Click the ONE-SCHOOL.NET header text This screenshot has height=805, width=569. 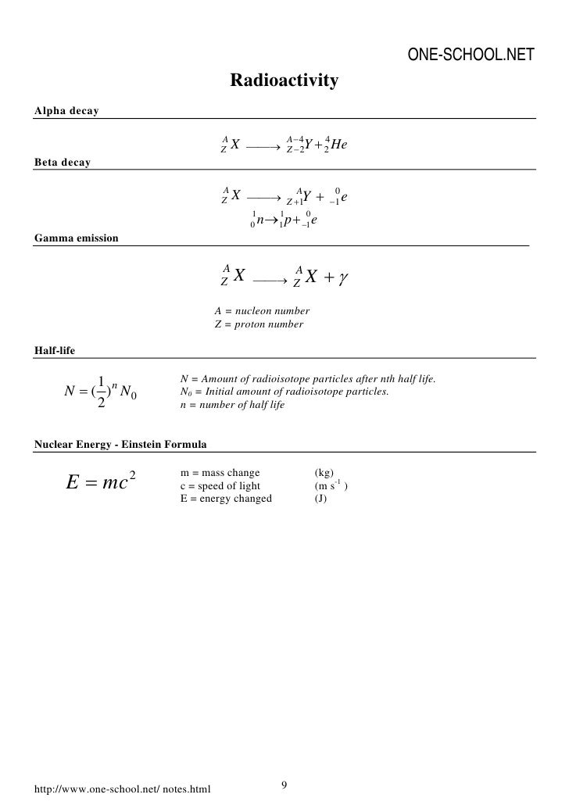[471, 55]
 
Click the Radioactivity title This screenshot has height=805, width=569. [284, 80]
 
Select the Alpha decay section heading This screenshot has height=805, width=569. [66, 111]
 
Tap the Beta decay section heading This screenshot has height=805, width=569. [63, 163]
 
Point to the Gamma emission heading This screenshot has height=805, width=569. [77, 237]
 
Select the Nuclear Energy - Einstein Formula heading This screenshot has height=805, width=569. [120, 445]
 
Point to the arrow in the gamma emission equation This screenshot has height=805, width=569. [270, 279]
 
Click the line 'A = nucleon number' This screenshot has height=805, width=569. [262, 311]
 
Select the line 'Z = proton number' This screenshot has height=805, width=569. [259, 324]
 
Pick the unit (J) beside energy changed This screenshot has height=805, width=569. [320, 498]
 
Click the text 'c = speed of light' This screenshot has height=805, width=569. [214, 485]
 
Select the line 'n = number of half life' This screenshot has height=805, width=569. [232, 405]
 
